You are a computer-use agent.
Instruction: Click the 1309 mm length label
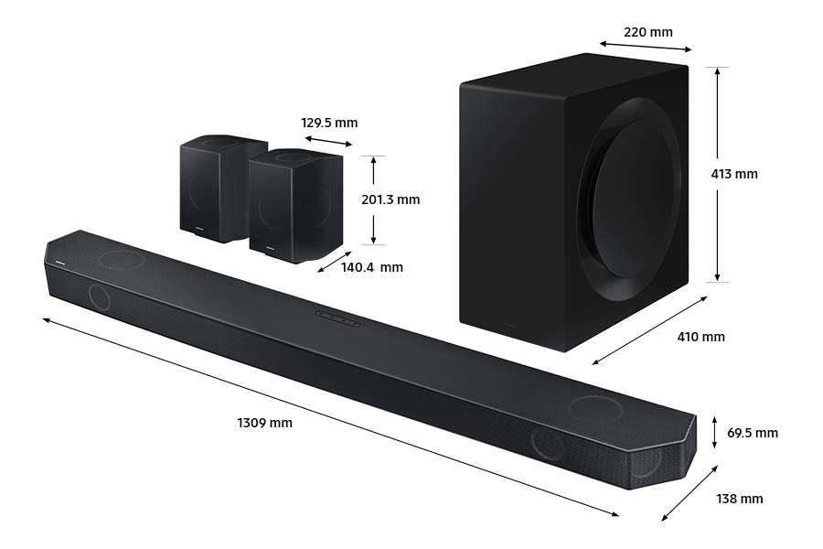(x=264, y=423)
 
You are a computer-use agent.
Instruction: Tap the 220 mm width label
(x=647, y=32)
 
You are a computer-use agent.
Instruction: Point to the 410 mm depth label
(x=700, y=337)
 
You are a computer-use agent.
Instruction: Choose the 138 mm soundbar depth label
(x=739, y=499)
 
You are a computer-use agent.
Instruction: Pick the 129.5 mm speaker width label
(x=329, y=123)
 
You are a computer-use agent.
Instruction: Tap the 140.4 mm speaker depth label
(x=371, y=267)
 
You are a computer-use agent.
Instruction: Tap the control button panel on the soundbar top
(x=337, y=317)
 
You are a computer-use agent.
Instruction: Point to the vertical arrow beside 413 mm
(x=718, y=174)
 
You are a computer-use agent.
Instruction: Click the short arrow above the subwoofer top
(x=646, y=47)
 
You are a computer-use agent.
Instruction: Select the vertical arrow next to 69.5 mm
(x=715, y=432)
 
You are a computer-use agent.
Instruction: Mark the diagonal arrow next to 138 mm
(x=689, y=493)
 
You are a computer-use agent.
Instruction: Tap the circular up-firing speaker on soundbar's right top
(x=595, y=408)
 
